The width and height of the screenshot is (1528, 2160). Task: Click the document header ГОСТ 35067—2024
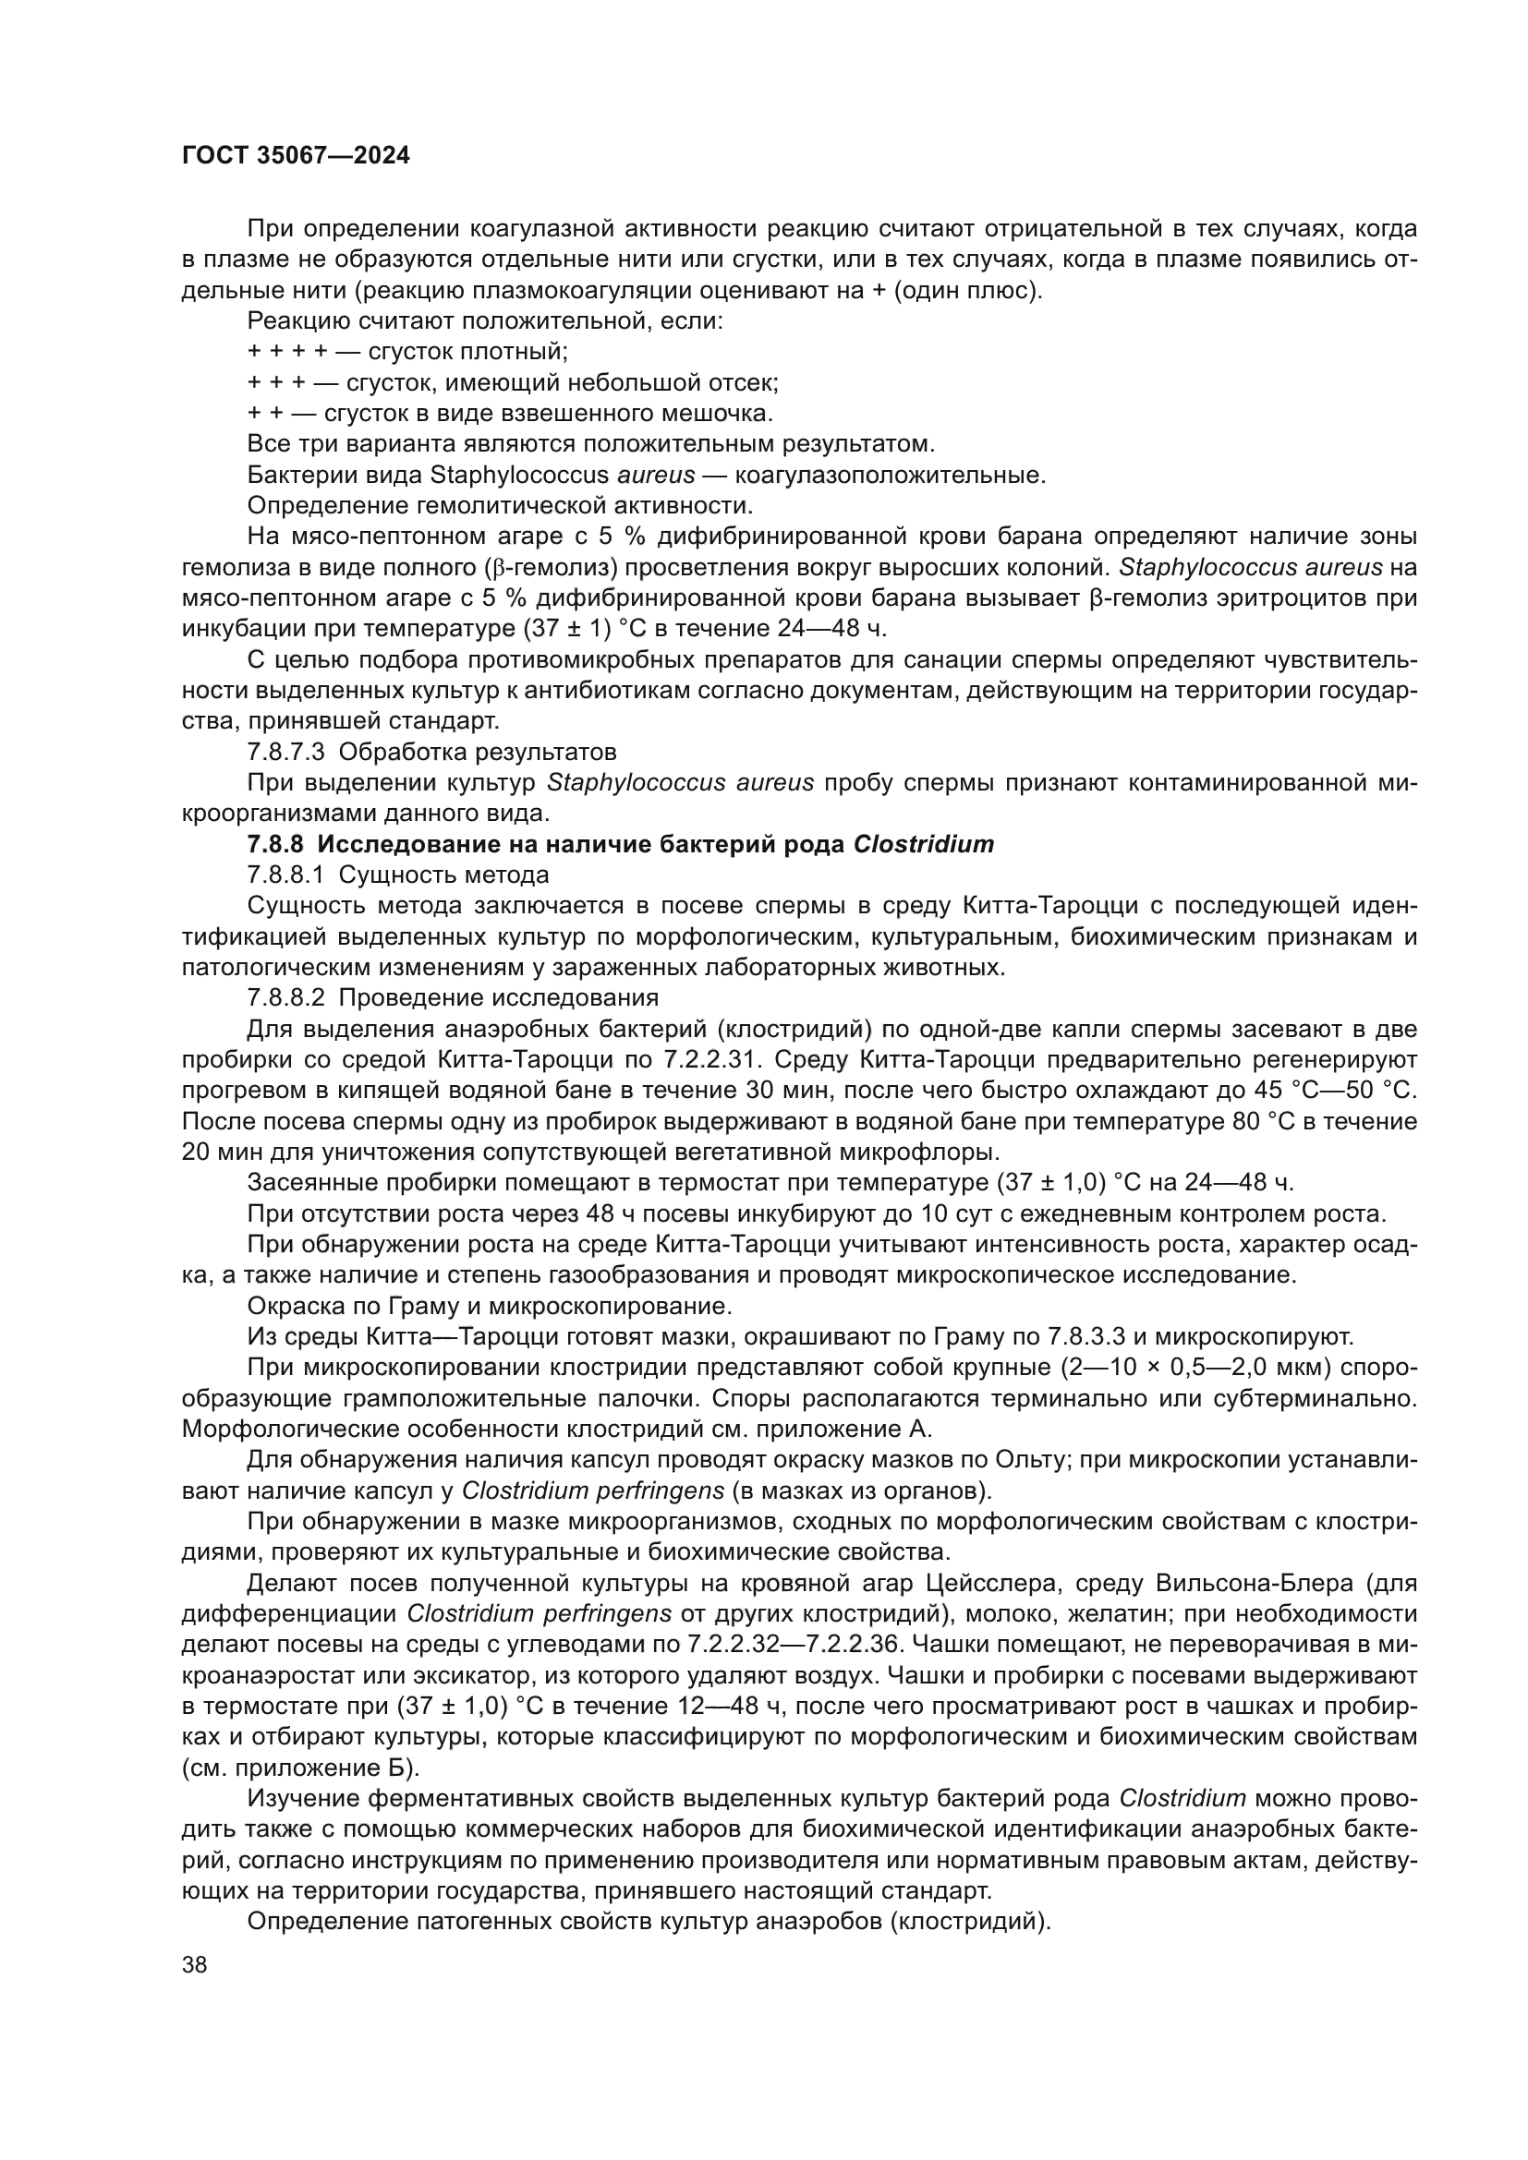[296, 156]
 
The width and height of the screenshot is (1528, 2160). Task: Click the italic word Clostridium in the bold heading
[923, 844]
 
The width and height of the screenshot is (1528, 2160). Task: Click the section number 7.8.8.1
[286, 875]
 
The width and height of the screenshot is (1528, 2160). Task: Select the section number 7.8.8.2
[286, 997]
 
